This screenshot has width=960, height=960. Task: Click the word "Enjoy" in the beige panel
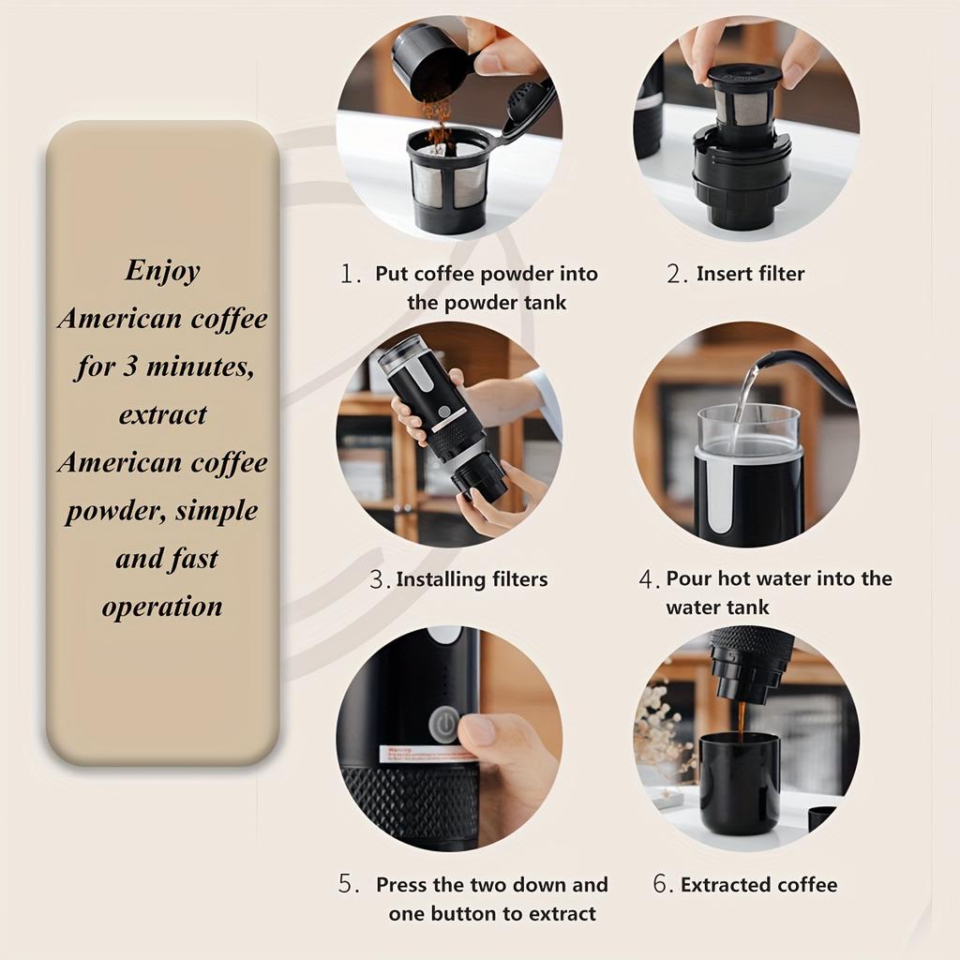click(163, 271)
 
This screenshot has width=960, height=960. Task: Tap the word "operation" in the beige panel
click(162, 607)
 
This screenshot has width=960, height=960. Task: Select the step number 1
click(350, 274)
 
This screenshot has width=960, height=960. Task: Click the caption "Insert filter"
click(751, 274)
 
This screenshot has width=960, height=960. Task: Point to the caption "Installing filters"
click(472, 579)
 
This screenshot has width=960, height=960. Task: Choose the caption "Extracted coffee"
click(759, 885)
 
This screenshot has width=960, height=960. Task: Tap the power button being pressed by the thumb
click(444, 725)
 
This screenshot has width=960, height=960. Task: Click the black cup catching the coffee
click(740, 785)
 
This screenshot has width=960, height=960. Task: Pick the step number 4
click(649, 579)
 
